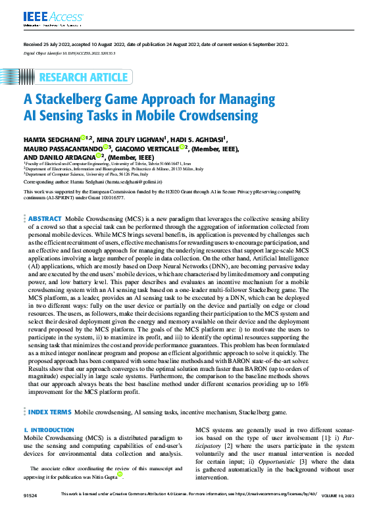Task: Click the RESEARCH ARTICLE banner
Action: (86, 78)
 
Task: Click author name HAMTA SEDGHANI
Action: (51, 139)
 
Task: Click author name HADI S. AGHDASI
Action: (199, 139)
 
